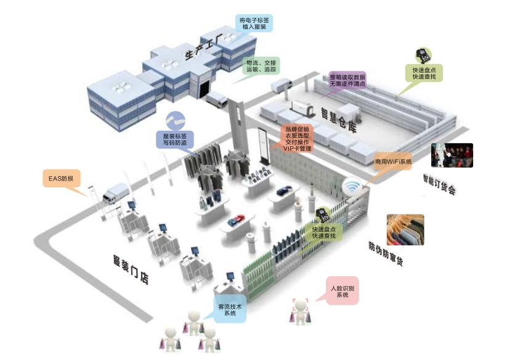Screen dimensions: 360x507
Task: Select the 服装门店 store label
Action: (x=131, y=269)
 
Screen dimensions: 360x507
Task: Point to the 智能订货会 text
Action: (x=439, y=184)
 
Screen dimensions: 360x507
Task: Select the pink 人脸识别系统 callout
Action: (x=343, y=292)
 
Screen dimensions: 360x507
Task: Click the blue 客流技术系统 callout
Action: (x=230, y=309)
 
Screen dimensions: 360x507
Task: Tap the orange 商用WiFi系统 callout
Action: (x=393, y=162)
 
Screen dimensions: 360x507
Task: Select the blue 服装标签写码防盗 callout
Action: (x=174, y=139)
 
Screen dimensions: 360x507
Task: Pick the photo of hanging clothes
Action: (x=405, y=229)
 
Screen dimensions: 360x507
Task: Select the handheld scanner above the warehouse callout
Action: (x=423, y=55)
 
